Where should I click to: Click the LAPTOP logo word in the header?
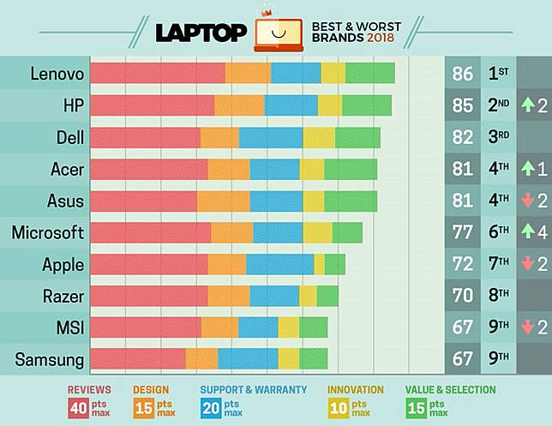point(201,32)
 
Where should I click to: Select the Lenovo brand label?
point(57,74)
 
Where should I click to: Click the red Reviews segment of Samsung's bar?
point(137,359)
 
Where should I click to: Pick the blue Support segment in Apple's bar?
point(279,264)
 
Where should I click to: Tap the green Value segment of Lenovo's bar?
point(369,74)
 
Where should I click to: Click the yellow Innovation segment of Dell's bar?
point(319,137)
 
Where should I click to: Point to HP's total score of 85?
point(463,105)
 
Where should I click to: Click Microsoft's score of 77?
point(463,232)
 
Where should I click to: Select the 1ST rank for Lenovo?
point(498,74)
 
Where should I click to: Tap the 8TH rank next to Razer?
point(498,296)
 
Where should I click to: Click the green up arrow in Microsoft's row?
point(528,232)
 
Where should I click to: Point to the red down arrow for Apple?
point(528,264)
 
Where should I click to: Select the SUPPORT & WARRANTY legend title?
point(253,390)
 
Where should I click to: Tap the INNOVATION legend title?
point(356,390)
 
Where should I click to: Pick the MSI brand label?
point(67,327)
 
